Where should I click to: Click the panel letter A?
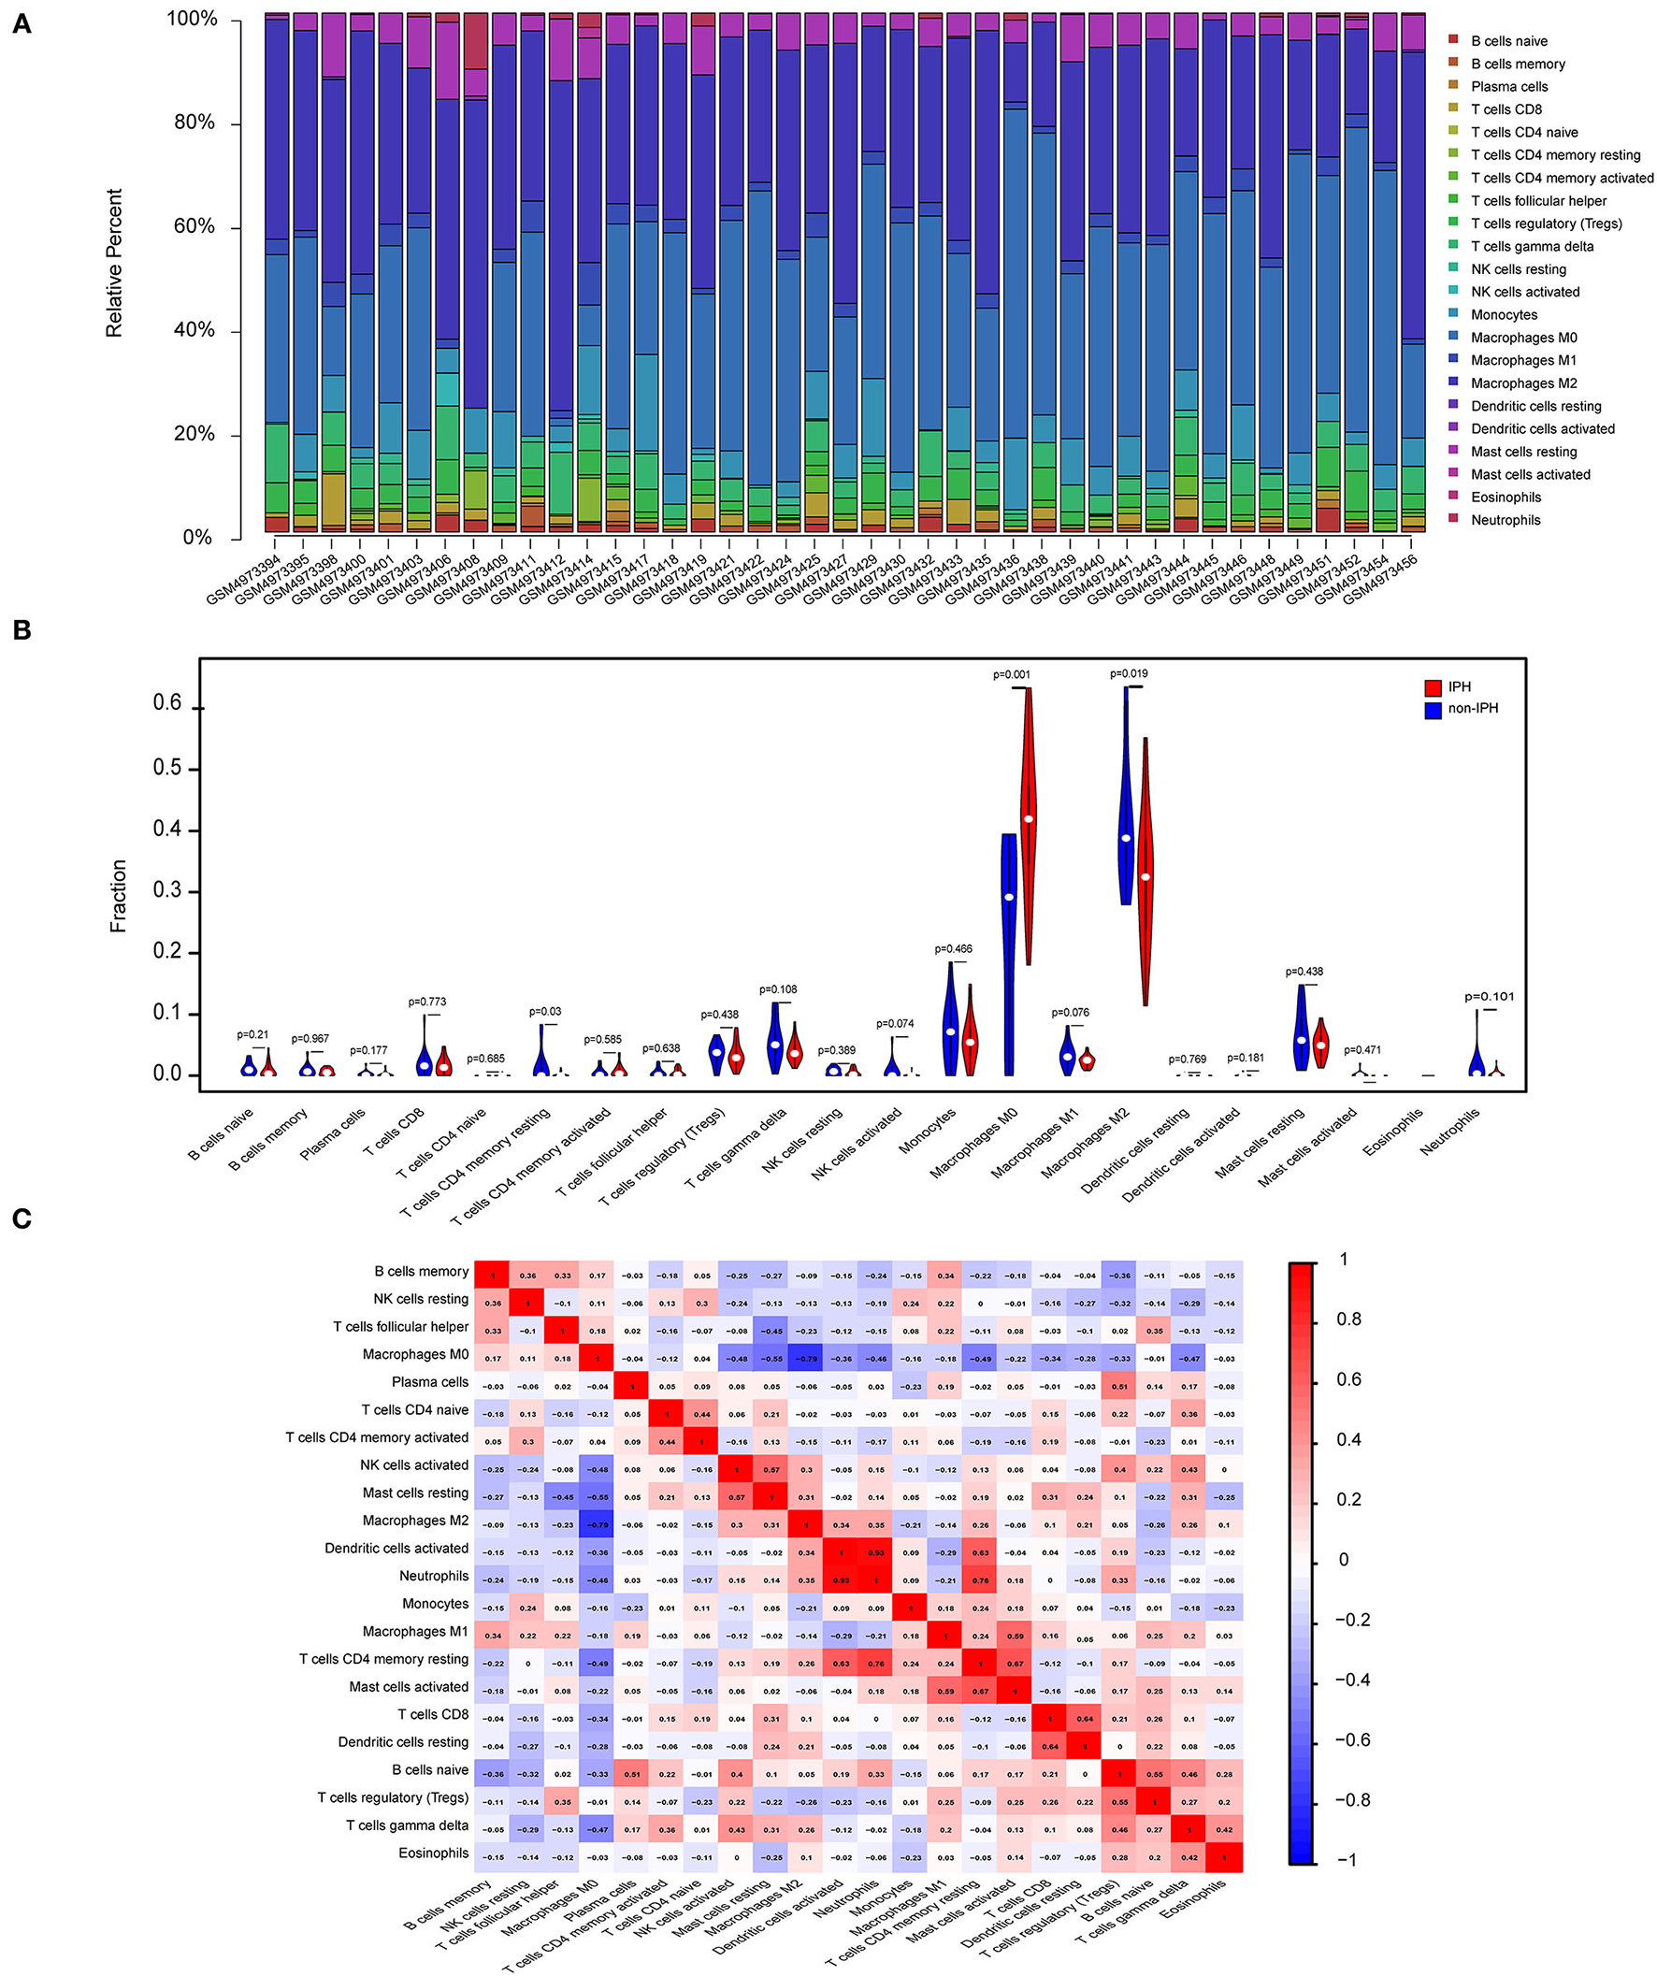click(x=21, y=23)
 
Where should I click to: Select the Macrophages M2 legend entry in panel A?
click(x=1523, y=383)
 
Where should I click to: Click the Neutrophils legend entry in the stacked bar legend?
click(x=1506, y=519)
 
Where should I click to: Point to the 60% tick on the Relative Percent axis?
click(x=195, y=225)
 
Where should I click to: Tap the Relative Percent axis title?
click(x=114, y=264)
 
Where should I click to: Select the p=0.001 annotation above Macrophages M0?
click(x=1012, y=673)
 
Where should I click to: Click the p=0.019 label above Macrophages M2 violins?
click(x=1128, y=672)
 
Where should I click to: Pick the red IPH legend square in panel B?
click(x=1433, y=687)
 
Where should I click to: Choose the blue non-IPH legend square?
click(x=1433, y=710)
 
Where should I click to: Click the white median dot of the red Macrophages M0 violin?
click(x=1029, y=818)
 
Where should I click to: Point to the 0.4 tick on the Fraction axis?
click(x=168, y=829)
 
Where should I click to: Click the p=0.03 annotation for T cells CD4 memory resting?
click(x=545, y=1012)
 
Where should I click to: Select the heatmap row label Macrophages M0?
click(x=415, y=1354)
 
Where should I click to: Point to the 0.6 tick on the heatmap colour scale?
click(x=1348, y=1379)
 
